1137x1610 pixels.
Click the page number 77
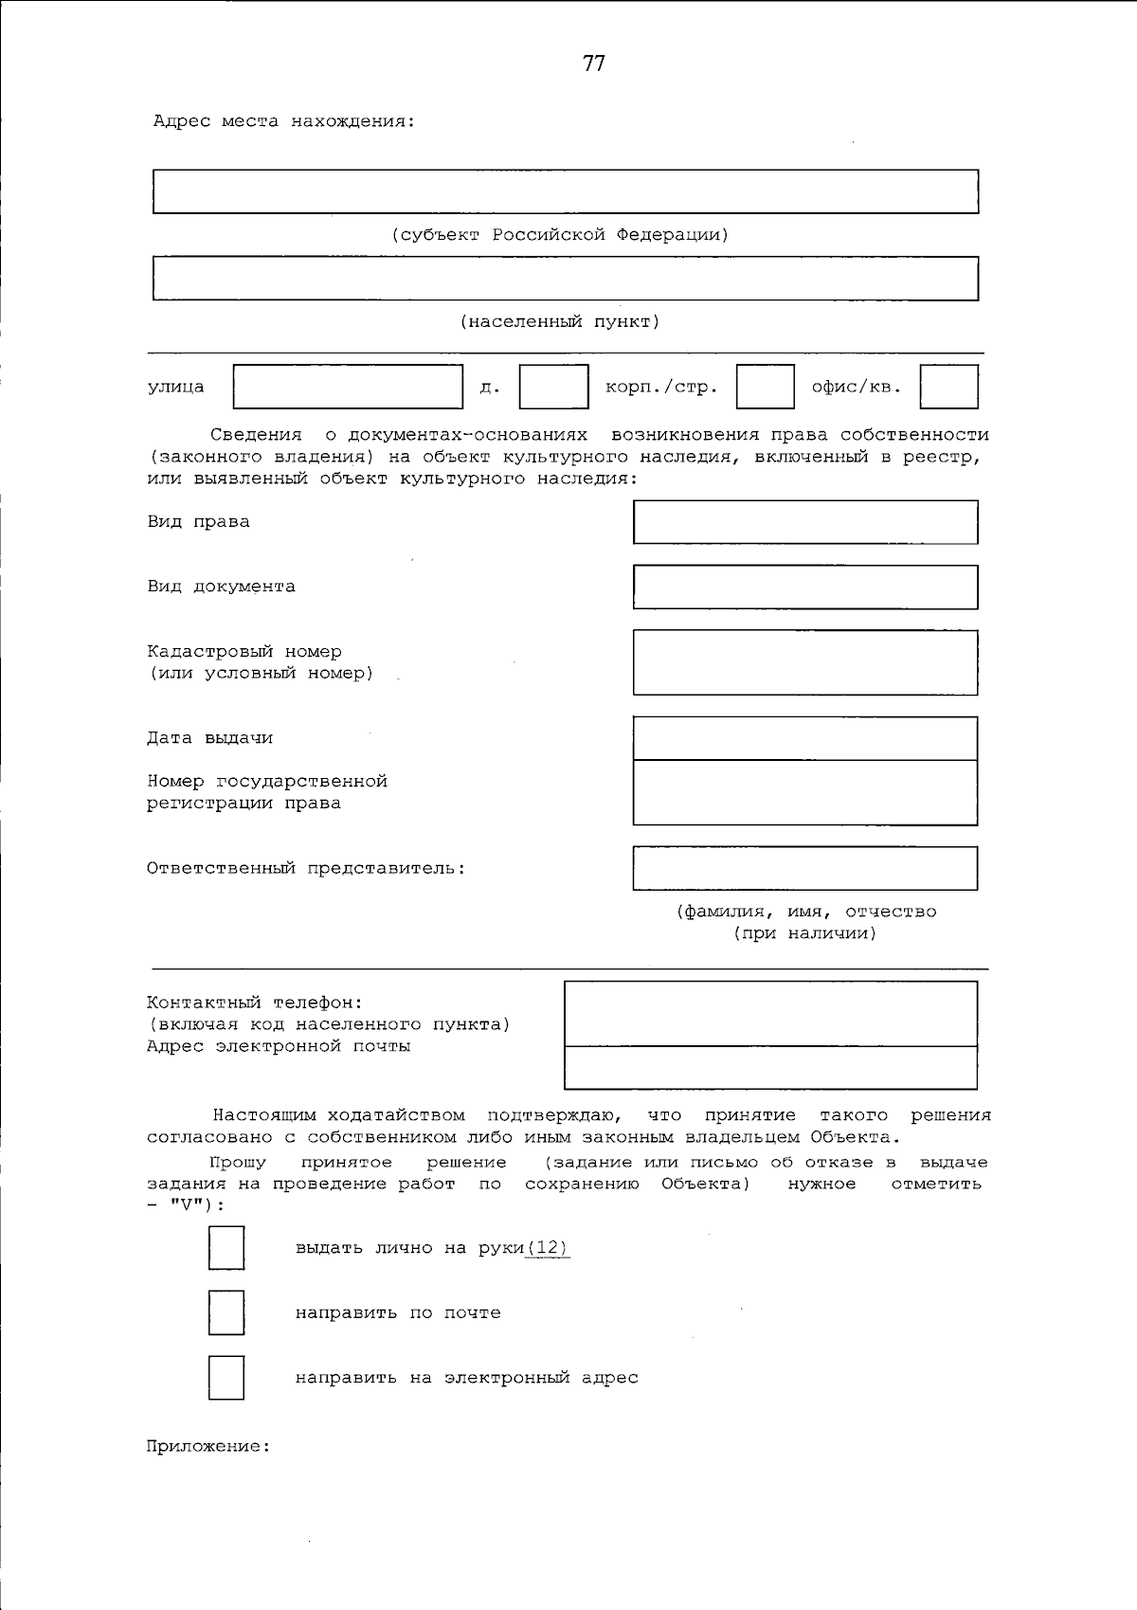[593, 63]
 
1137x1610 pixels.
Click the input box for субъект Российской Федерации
[565, 191]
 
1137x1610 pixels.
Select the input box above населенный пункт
[565, 279]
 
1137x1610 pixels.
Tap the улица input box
[348, 387]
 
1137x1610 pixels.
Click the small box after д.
[553, 387]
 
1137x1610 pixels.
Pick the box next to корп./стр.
[765, 387]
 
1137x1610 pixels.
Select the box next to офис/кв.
[948, 387]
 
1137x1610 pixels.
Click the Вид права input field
[804, 522]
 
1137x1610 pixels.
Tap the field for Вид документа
[804, 587]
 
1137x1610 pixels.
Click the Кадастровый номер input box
[804, 662]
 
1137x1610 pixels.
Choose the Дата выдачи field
[804, 738]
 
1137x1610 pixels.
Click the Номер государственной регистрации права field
[804, 792]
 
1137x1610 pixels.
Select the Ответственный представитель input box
[804, 868]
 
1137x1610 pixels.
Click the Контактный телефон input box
[770, 1013]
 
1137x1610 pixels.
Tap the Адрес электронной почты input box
[770, 1068]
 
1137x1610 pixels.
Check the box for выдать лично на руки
[226, 1248]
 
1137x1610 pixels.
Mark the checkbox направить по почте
[226, 1312]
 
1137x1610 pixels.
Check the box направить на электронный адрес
[226, 1378]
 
